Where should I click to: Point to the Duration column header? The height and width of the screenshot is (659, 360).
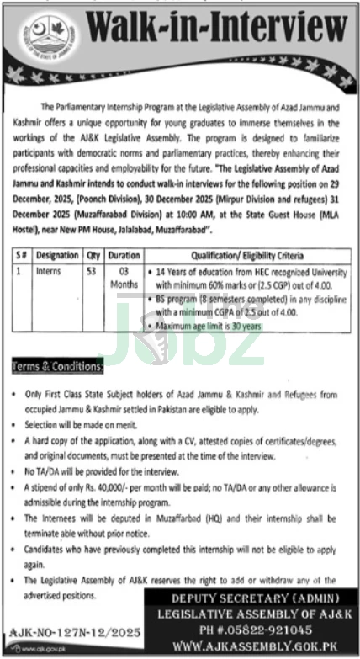(x=124, y=254)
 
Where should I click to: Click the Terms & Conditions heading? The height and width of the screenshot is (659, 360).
(x=57, y=366)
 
